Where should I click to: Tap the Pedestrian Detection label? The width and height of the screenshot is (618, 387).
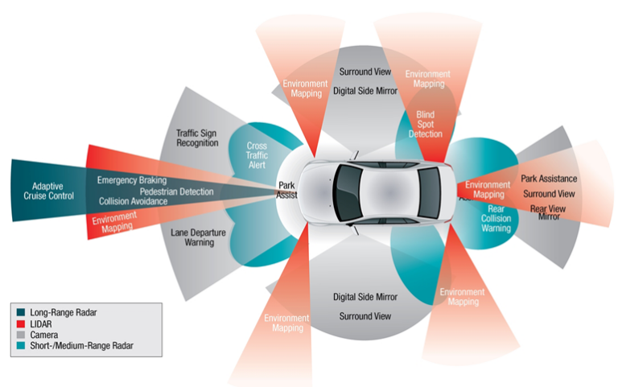tap(176, 191)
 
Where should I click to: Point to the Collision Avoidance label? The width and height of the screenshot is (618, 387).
tap(134, 201)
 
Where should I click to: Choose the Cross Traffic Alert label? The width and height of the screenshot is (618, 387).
tap(257, 155)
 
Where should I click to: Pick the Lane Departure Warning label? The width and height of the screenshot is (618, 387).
tap(198, 237)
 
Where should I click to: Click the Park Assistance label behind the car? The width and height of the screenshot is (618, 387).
tap(549, 179)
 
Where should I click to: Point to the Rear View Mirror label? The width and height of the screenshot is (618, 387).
tap(549, 212)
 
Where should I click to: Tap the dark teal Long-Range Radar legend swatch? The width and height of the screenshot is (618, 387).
tap(22, 311)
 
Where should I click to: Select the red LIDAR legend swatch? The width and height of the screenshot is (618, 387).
tap(22, 322)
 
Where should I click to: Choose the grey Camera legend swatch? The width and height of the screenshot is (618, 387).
tap(22, 334)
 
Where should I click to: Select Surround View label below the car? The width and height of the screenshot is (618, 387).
tap(365, 316)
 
